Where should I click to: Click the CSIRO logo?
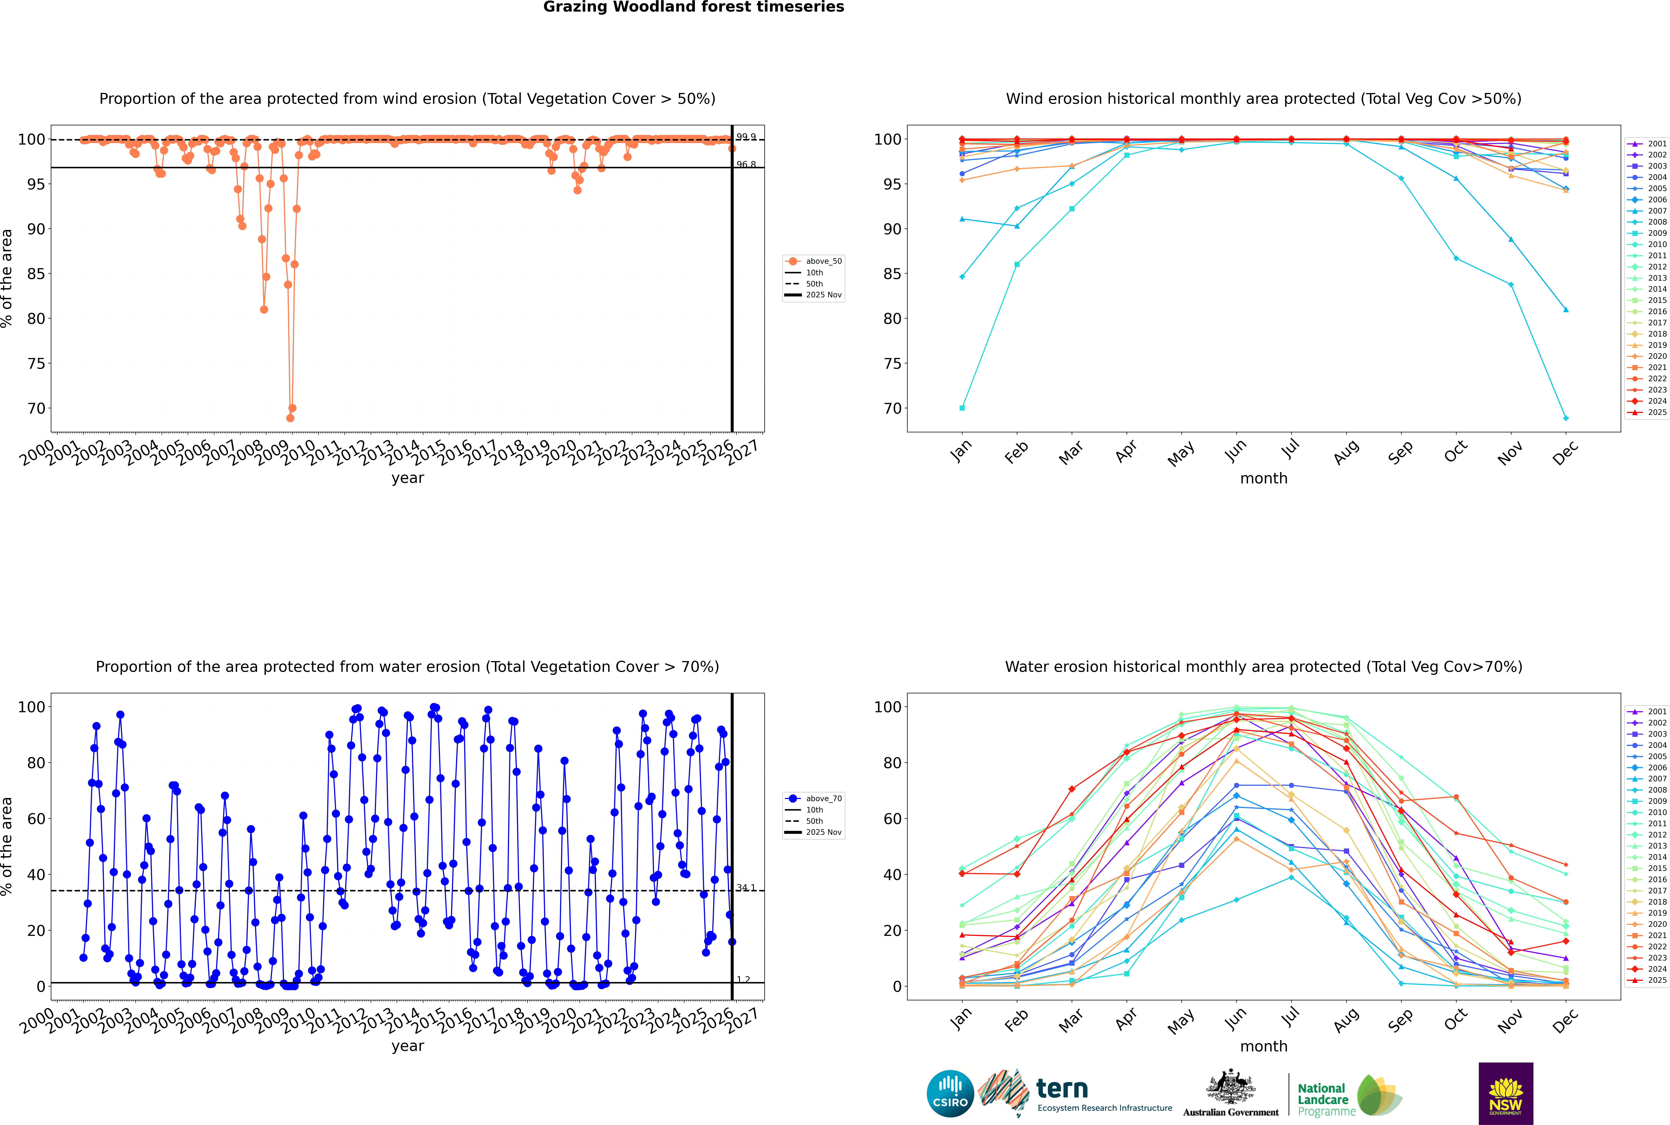(950, 1093)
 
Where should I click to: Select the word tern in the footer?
(1062, 1089)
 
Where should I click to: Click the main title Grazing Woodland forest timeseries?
(694, 7)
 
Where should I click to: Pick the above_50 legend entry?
(823, 261)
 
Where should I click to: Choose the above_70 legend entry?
(823, 799)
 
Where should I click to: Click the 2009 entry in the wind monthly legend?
(1657, 233)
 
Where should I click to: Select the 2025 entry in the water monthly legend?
(1657, 980)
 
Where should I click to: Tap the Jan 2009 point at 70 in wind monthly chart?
(962, 408)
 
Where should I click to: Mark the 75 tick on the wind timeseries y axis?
(36, 364)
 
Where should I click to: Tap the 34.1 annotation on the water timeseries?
(746, 888)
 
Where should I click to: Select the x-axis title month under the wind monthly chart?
(1264, 479)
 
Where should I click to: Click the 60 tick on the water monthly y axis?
(887, 819)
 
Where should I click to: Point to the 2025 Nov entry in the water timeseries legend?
(823, 832)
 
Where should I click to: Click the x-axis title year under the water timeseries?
(408, 1046)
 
